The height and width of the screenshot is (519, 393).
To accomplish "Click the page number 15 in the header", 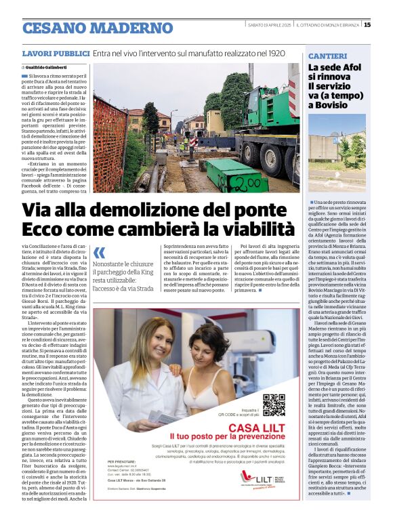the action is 386,25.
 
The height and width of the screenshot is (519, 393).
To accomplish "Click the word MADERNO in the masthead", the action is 135,28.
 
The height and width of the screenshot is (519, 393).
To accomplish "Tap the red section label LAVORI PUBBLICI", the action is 56,53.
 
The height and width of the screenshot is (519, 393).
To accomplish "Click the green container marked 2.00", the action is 236,177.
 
